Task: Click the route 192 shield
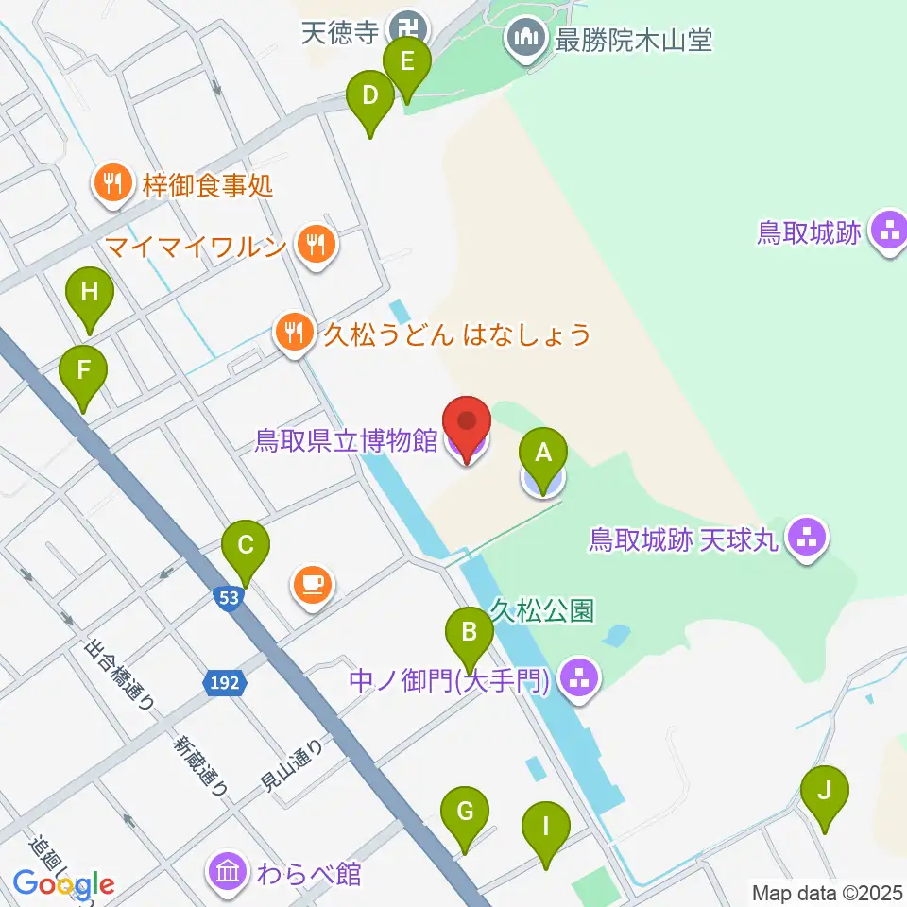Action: [223, 681]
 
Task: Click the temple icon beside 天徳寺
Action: [410, 30]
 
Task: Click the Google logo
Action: [63, 884]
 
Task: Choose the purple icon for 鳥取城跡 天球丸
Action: [808, 539]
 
